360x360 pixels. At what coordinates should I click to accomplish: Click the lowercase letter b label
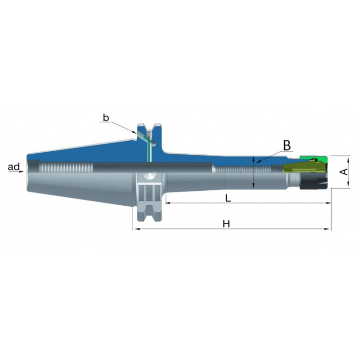(x=106, y=118)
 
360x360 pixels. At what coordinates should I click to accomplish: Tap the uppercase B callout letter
(x=287, y=145)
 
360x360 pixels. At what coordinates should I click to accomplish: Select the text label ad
(x=14, y=167)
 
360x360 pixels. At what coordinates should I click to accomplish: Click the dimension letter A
(x=344, y=171)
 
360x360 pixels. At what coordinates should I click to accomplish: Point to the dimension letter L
(x=228, y=198)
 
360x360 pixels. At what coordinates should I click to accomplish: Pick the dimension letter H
(x=226, y=224)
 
